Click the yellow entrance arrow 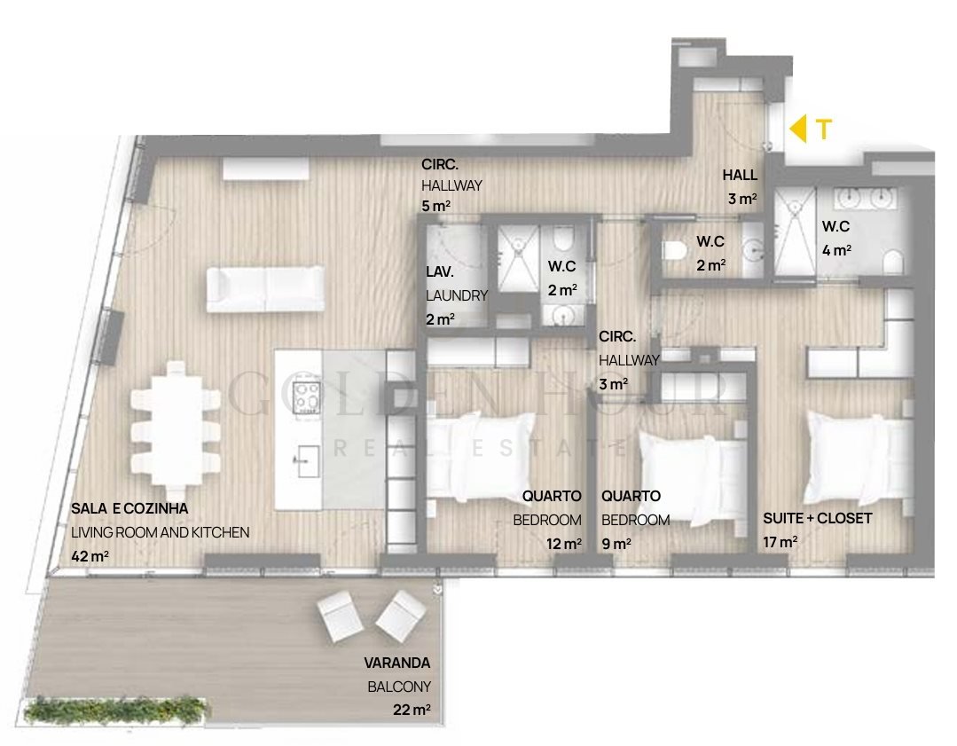797,129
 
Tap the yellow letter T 824,130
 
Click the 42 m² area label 90,556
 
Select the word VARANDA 397,663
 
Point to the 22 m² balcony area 412,710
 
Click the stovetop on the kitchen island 306,397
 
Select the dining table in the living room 175,428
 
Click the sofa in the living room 265,289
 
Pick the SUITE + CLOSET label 817,518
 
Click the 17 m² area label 780,541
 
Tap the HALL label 740,176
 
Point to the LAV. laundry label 440,272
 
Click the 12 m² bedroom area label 563,543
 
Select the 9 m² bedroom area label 616,543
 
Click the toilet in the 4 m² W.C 892,262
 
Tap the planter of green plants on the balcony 116,711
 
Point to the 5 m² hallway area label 435,206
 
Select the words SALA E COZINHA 129,508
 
